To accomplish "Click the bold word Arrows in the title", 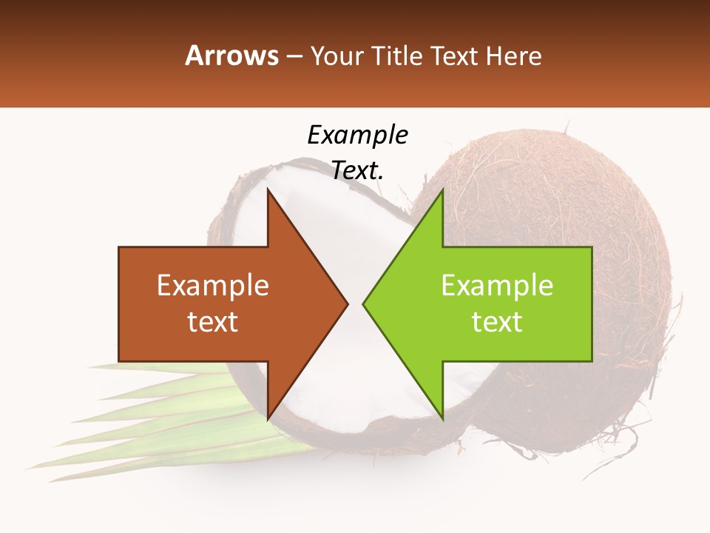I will coord(232,56).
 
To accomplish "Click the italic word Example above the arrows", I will coord(357,135).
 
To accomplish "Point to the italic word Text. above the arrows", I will coord(357,170).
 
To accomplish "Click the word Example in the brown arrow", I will coord(212,286).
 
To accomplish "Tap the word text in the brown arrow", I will coord(212,322).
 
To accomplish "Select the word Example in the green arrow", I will coord(497,286).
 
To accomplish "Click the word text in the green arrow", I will coord(497,322).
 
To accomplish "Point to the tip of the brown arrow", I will coord(346,304).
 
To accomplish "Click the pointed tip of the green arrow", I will coord(365,304).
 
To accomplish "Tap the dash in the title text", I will coord(294,57).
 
